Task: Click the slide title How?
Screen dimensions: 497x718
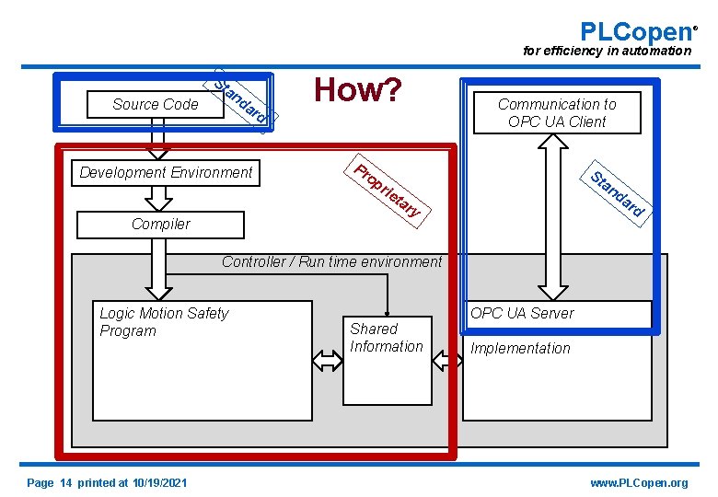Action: point(358,90)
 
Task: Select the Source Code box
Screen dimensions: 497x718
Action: point(155,105)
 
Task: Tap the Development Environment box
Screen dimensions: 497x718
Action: point(166,173)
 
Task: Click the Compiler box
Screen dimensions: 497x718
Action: point(161,225)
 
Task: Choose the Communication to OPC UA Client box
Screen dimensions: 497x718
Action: point(557,113)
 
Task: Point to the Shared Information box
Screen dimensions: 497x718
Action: point(387,359)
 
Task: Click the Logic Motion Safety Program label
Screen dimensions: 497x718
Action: point(164,322)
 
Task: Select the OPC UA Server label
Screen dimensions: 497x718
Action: point(522,314)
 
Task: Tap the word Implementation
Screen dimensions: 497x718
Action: point(520,349)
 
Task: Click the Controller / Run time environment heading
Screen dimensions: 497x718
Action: point(331,262)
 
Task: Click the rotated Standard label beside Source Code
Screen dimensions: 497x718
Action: point(241,101)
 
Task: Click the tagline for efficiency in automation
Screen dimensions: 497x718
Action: point(607,52)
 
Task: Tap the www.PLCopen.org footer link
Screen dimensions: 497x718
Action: point(638,483)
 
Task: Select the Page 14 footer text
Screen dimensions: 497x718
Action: point(107,483)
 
